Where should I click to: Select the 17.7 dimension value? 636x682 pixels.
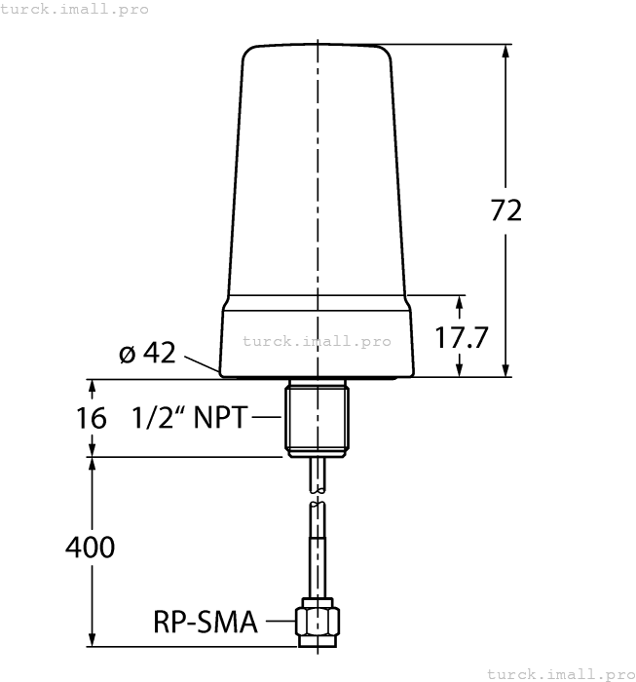[461, 338]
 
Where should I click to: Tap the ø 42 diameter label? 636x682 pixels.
[147, 353]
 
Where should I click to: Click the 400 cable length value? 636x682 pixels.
[90, 548]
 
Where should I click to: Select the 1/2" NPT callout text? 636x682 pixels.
[191, 418]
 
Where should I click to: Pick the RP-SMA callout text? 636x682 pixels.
[206, 622]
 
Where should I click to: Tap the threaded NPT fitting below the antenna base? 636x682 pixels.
[318, 418]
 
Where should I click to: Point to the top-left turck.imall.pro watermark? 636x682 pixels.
[75, 9]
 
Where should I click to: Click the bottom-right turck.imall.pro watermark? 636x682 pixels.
[560, 673]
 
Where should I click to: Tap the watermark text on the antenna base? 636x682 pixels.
[317, 341]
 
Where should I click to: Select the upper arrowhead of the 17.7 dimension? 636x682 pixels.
[461, 301]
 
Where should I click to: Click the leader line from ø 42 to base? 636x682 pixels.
[201, 364]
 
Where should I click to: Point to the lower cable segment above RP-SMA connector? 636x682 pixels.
[318, 550]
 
